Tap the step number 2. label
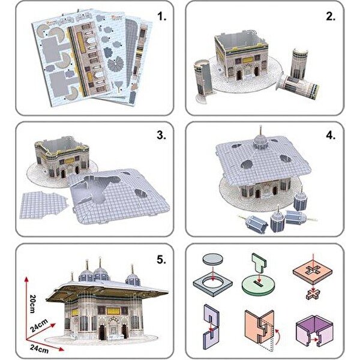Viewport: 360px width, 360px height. point(329,17)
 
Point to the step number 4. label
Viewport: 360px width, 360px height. point(329,135)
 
